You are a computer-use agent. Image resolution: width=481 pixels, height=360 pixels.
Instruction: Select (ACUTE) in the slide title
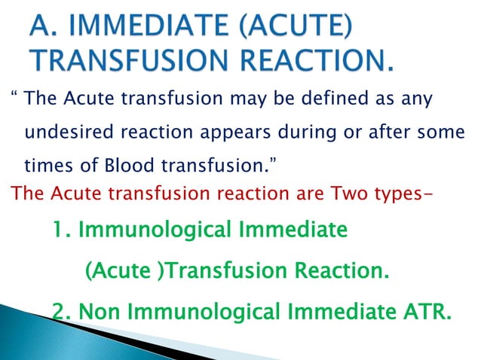[305, 29]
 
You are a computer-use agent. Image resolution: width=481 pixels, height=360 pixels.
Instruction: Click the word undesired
[65, 133]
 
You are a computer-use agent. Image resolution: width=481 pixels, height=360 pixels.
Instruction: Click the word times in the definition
[47, 166]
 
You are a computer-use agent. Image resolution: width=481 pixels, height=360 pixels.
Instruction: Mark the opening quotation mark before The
[14, 99]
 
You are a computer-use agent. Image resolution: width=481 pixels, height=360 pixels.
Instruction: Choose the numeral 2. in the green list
[62, 311]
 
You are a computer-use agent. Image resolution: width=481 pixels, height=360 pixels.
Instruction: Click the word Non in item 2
[99, 311]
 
